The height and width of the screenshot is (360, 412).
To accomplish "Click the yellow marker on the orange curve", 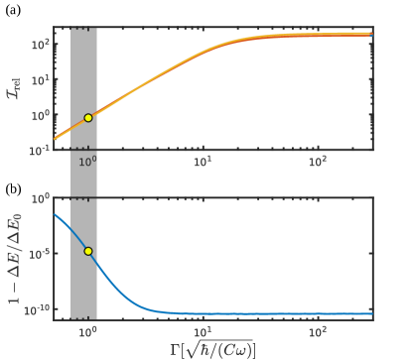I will (x=88, y=117).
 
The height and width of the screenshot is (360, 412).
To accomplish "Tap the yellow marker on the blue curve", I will (x=88, y=252).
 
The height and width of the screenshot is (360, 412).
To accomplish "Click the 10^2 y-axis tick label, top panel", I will (x=39, y=45).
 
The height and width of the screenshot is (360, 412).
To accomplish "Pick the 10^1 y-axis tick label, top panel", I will (x=39, y=80).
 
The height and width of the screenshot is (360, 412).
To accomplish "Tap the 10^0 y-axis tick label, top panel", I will (x=39, y=115).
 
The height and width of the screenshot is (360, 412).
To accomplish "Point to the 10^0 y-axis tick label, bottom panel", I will (x=39, y=198).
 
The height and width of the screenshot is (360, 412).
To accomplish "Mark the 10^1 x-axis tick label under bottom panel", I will (x=203, y=329).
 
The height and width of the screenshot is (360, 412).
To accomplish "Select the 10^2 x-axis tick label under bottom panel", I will (x=318, y=329).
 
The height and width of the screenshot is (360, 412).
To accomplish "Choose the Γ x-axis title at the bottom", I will (x=213, y=348).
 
